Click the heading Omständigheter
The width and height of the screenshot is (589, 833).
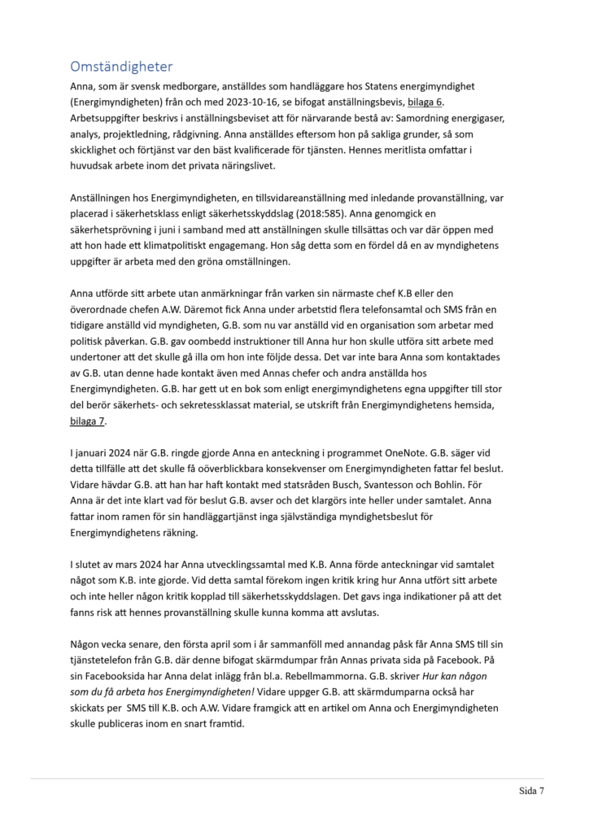pyautogui.click(x=121, y=66)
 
